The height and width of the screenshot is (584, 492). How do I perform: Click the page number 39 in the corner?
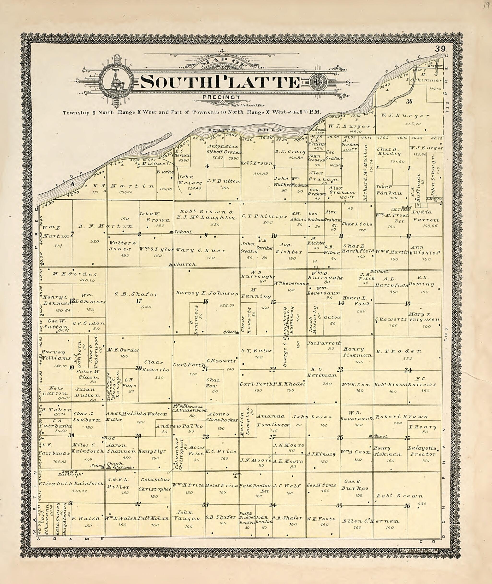440,49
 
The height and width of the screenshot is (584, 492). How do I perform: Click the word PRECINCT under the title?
221,98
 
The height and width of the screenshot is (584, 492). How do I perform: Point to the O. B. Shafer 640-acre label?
136,294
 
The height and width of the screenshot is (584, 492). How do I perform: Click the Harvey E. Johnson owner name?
207,293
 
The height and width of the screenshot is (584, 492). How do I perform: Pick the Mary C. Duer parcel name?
200,250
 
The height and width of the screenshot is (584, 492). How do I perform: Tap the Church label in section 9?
185,264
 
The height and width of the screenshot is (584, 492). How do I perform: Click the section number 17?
139,301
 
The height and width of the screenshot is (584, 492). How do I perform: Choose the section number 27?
273,437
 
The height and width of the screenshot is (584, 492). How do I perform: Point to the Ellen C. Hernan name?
370,521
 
